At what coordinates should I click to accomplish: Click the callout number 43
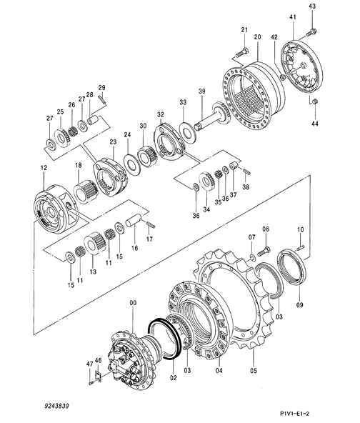312,6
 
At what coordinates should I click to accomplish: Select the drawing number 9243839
57,406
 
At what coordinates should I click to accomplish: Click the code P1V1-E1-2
294,413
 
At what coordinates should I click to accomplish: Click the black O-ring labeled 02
164,339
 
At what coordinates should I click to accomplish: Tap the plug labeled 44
315,101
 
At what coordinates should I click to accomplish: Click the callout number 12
44,167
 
